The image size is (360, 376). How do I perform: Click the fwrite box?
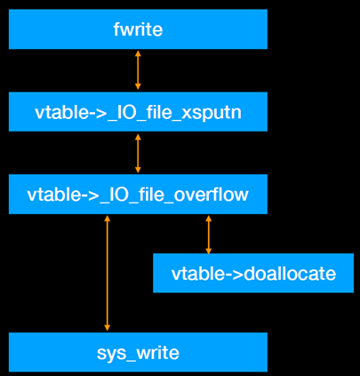pyautogui.click(x=138, y=29)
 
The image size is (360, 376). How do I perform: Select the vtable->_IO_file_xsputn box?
pyautogui.click(x=138, y=112)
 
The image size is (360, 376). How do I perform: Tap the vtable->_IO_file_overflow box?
pyautogui.click(x=138, y=194)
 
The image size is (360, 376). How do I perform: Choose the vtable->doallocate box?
pyautogui.click(x=253, y=273)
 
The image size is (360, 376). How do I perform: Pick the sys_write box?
pyautogui.click(x=138, y=353)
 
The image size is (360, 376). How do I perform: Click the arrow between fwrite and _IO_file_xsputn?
pyautogui.click(x=138, y=70)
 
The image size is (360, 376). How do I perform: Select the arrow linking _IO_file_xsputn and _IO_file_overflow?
pyautogui.click(x=138, y=153)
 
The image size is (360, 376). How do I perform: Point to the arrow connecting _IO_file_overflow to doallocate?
pyautogui.click(x=209, y=234)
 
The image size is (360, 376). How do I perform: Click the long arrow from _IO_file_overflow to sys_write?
pyautogui.click(x=108, y=273)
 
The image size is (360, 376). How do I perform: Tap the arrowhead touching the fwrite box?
pyautogui.click(x=138, y=53)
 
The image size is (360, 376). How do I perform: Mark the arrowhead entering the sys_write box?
pyautogui.click(x=108, y=328)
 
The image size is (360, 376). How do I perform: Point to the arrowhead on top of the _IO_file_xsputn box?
pyautogui.click(x=138, y=88)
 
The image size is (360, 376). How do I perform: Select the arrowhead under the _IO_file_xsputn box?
pyautogui.click(x=138, y=136)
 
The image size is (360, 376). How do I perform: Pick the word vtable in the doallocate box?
pyautogui.click(x=194, y=273)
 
